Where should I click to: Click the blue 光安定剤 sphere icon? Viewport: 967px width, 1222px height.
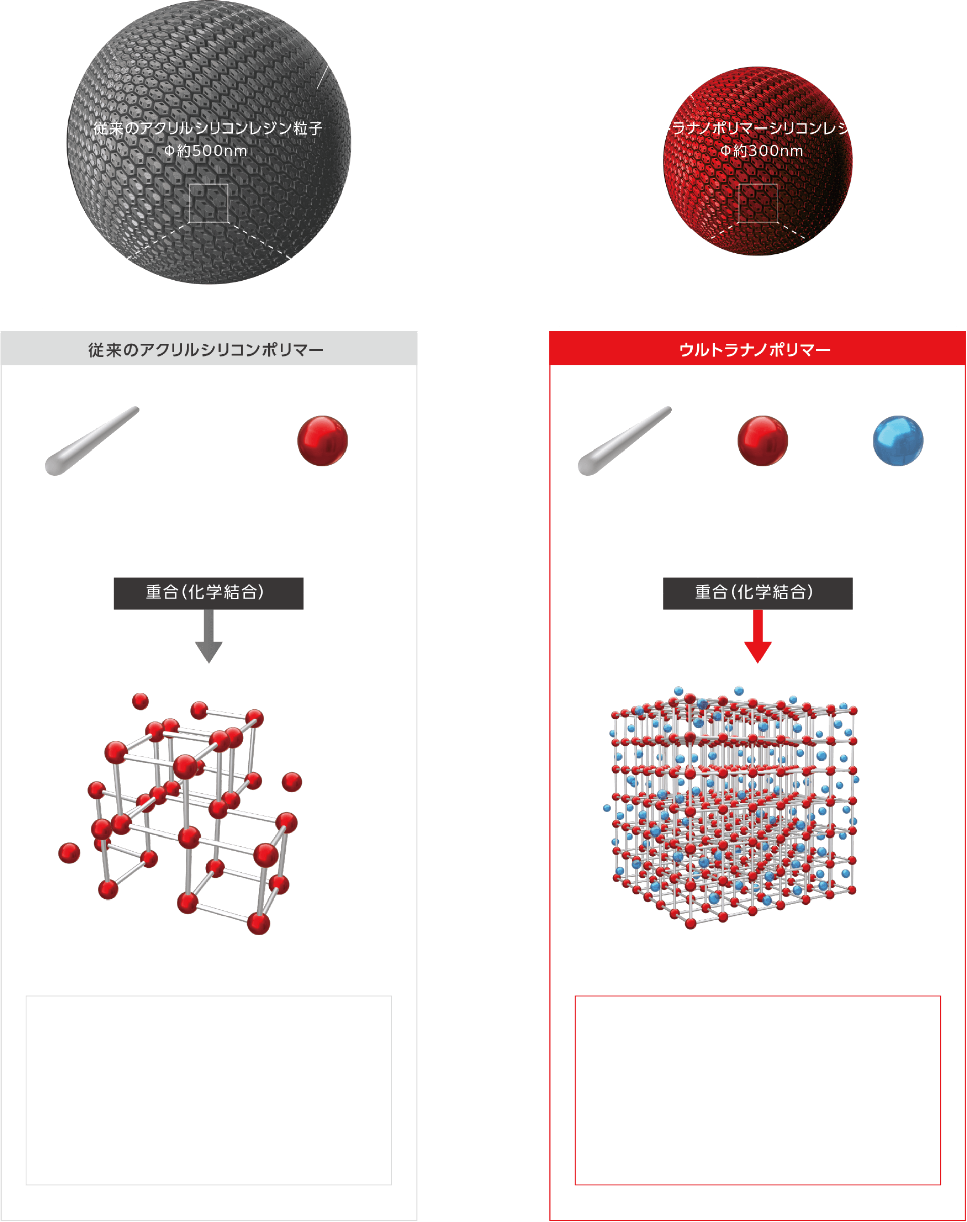click(898, 441)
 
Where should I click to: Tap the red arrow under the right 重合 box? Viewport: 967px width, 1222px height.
click(757, 637)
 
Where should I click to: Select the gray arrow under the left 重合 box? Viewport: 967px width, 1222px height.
click(209, 637)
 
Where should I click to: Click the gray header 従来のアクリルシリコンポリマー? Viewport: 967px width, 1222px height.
click(206, 350)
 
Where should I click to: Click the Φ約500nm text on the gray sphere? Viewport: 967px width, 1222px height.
click(206, 151)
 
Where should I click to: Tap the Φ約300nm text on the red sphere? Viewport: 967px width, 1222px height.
click(762, 151)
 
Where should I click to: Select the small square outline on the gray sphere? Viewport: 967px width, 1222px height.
click(209, 203)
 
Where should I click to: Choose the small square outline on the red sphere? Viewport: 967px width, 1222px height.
click(757, 203)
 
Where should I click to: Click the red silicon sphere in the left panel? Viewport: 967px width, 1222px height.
click(322, 441)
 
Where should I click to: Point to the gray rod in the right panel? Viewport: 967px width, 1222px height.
click(624, 440)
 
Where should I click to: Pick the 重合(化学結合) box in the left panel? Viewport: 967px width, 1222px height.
click(209, 593)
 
